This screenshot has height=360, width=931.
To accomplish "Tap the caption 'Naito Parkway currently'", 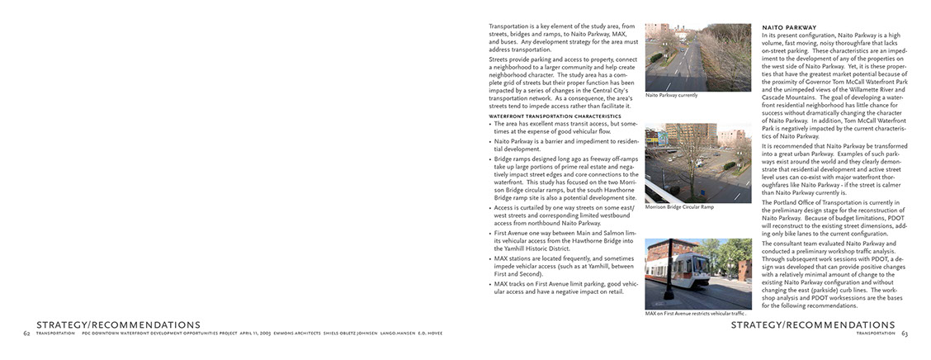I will (671, 95).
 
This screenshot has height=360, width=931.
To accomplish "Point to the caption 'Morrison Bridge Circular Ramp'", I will (679, 206).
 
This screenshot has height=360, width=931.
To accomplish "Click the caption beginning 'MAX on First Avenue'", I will (695, 314).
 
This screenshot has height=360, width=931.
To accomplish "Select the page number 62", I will (26, 333).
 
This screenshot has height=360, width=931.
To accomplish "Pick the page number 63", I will (905, 333).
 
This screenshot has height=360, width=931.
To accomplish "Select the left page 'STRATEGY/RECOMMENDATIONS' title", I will (118, 324).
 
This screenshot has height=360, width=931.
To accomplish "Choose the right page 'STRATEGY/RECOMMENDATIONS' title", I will (813, 324).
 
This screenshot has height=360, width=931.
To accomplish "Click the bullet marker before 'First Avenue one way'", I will (491, 234).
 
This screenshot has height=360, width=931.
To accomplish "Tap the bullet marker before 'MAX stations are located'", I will (491, 259).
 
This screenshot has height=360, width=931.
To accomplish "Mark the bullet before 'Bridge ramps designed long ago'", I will (491, 158).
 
